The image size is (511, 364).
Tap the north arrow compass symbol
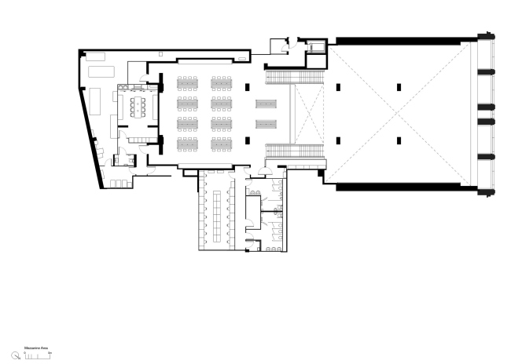click(15, 355)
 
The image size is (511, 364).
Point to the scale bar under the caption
click(37, 355)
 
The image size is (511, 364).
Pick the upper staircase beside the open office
click(296, 76)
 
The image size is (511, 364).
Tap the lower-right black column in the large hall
click(399, 140)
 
